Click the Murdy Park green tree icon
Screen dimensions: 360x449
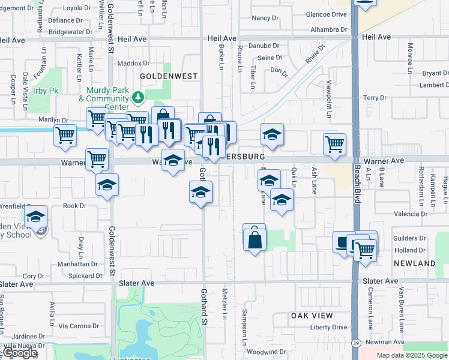pyautogui.click(x=139, y=97)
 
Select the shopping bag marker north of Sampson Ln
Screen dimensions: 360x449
pyautogui.click(x=255, y=238)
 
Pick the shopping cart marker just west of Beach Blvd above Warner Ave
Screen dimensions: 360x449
pyautogui.click(x=334, y=143)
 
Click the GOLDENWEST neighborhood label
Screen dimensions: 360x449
pyautogui.click(x=160, y=77)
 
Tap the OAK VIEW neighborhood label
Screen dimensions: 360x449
pyautogui.click(x=312, y=316)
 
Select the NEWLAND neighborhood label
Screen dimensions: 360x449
pyautogui.click(x=414, y=264)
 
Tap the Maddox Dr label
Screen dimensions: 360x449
pyautogui.click(x=133, y=63)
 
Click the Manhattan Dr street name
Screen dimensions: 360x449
pyautogui.click(x=77, y=264)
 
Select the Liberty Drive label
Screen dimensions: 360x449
pyautogui.click(x=328, y=328)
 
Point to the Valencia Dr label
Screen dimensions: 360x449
pyautogui.click(x=411, y=214)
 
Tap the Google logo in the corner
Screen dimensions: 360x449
pyautogui.click(x=19, y=353)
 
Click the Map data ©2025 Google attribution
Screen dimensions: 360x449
pyautogui.click(x=411, y=355)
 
